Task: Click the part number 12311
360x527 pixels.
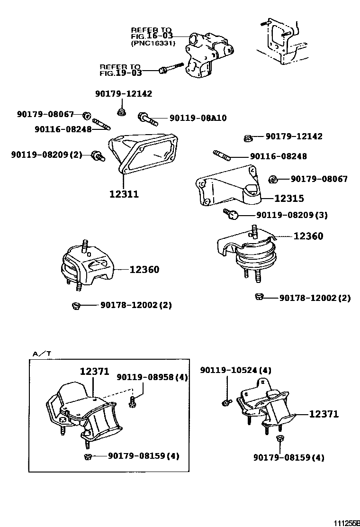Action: tap(124, 194)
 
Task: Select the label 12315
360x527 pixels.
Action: tap(289, 199)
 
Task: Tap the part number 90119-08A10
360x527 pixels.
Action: tap(198, 118)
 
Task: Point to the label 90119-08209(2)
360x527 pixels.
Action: tap(46, 154)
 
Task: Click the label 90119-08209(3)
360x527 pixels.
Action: tap(292, 215)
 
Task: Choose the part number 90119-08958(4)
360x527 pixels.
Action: tap(153, 377)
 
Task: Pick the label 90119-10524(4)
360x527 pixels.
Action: tap(236, 370)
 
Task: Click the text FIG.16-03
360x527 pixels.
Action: tap(152, 36)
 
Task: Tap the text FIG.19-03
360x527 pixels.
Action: tap(120, 73)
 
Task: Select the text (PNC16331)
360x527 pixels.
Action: tap(153, 43)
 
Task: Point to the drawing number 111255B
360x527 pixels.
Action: tap(346, 522)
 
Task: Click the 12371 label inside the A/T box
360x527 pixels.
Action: tap(94, 373)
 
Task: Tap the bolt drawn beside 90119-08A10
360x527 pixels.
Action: tap(147, 118)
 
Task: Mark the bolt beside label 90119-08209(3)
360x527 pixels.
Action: tap(232, 215)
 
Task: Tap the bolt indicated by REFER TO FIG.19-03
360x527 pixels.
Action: tap(171, 69)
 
